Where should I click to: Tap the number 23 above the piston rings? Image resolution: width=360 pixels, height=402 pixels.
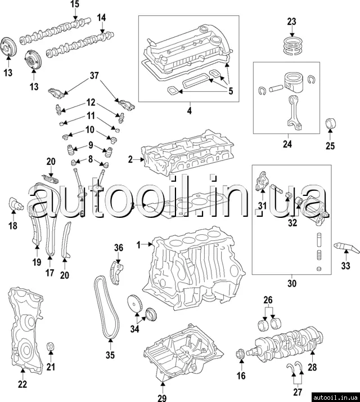(x=291, y=21)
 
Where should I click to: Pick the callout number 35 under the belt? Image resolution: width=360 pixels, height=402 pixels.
(x=110, y=355)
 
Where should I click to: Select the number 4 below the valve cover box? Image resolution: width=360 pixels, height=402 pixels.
(x=189, y=111)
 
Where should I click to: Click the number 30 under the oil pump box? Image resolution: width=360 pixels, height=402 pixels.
(x=291, y=284)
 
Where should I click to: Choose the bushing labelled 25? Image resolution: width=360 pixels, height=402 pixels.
(x=331, y=124)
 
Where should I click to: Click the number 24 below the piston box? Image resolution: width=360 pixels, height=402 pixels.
(x=287, y=144)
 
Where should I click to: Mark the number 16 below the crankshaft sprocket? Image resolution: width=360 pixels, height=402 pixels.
(x=241, y=376)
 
